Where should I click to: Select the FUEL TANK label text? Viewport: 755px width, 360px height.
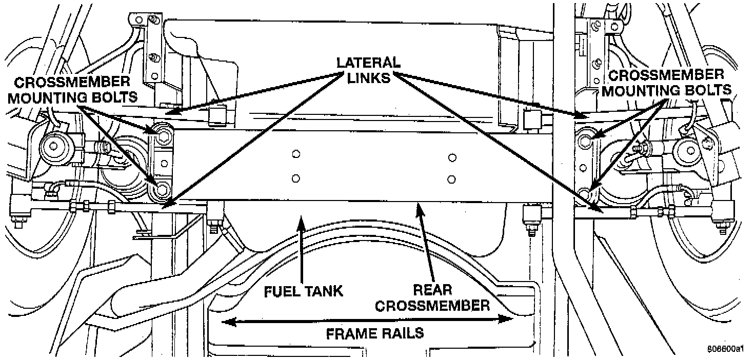pos(303,291)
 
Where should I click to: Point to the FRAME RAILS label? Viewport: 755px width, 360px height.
pos(375,333)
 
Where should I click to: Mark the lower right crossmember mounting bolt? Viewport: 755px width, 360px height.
pos(586,194)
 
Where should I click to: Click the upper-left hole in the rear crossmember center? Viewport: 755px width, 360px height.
pos(295,154)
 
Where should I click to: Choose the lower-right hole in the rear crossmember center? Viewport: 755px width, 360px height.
pos(452,179)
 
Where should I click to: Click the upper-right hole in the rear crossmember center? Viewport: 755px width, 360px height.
pos(452,156)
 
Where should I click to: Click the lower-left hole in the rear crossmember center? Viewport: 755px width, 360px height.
pos(295,178)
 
